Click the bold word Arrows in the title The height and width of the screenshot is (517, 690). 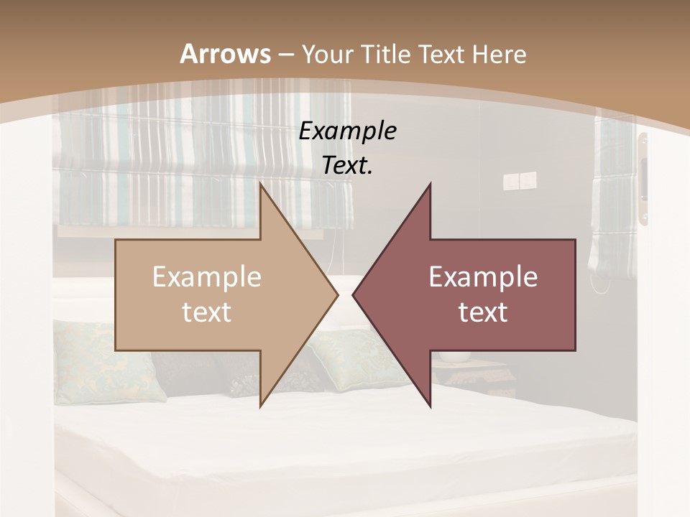pos(225,54)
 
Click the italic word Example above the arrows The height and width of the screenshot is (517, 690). pos(347,131)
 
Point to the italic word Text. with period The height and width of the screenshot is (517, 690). pos(347,165)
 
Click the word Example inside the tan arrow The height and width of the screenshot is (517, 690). pos(206,277)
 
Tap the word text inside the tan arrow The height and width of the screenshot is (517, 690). pos(206,312)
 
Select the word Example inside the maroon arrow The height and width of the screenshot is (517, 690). pos(483,277)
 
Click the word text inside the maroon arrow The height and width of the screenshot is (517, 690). pos(483,312)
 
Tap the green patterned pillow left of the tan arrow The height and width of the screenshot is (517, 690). pos(108,359)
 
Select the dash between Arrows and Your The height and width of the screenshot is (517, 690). pos(286,55)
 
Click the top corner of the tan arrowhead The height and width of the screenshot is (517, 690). pos(260,184)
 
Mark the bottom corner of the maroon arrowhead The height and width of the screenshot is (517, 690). pos(430,406)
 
